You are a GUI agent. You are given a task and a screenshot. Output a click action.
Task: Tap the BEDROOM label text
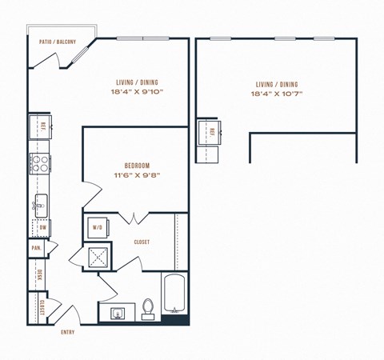tap(126, 166)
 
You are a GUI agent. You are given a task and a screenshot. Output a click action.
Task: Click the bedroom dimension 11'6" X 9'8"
tap(126, 175)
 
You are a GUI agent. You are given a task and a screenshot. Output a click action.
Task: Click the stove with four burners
tap(38, 164)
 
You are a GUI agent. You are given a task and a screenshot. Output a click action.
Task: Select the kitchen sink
tap(39, 202)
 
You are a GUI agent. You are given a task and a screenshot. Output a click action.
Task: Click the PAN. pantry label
tap(37, 248)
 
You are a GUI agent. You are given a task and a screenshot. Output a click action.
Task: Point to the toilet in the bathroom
tap(147, 308)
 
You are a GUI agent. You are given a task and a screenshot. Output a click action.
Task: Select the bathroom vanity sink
tap(117, 311)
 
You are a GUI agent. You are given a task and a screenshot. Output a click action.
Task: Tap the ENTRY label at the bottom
tap(67, 332)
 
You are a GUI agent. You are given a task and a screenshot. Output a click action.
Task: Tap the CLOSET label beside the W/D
tap(142, 242)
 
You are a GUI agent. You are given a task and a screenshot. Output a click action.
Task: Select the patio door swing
tap(80, 56)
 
